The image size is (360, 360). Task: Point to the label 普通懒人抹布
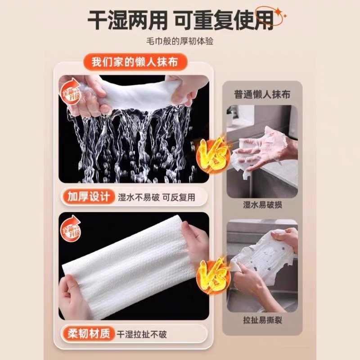pos(262,94)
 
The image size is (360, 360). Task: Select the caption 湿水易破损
pos(262,205)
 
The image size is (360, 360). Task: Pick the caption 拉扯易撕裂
pos(262,320)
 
